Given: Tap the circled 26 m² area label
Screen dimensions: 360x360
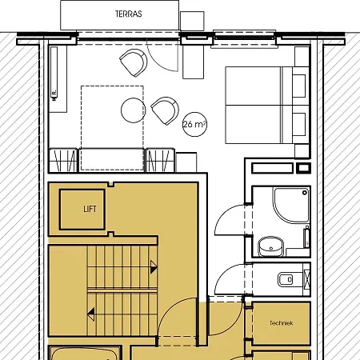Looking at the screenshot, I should pyautogui.click(x=194, y=125).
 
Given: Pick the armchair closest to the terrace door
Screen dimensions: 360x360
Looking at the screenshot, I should pyautogui.click(x=134, y=61).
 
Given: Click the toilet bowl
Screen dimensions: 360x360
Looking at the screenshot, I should pyautogui.click(x=286, y=280).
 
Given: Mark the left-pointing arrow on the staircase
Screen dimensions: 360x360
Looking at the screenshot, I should pyautogui.click(x=92, y=314).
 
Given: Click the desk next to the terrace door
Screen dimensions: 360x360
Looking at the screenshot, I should pyautogui.click(x=193, y=61).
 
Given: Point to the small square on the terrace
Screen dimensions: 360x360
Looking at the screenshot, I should pyautogui.click(x=192, y=22).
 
